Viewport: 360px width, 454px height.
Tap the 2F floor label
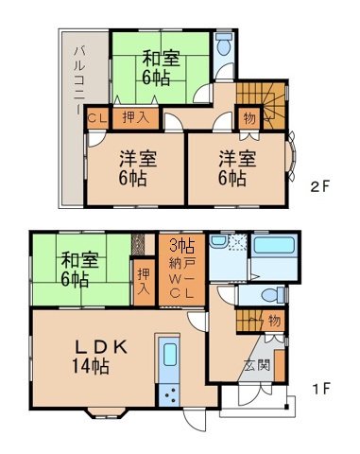pyautogui.click(x=319, y=187)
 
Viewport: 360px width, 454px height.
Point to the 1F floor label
pyautogui.click(x=320, y=389)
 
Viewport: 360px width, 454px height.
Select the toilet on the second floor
pyautogui.click(x=224, y=45)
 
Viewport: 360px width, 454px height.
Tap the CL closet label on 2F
pyautogui.click(x=97, y=118)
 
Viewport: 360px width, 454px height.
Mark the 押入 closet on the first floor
pyautogui.click(x=143, y=281)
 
